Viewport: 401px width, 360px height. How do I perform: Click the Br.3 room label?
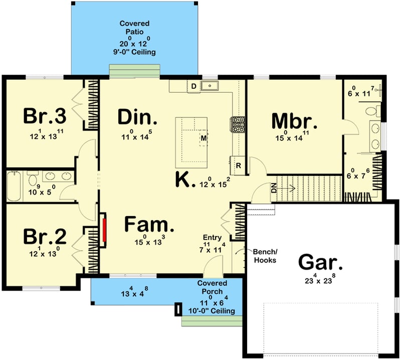coord(45,116)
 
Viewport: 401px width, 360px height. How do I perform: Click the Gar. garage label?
coord(321,262)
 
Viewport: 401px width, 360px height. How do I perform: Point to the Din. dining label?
coord(137,117)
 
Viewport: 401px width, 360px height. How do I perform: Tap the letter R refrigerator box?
coord(239,165)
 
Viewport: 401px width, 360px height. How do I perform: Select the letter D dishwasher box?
coord(193,86)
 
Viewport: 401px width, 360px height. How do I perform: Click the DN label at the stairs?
coord(274,190)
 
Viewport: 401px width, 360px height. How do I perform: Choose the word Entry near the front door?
coord(213,238)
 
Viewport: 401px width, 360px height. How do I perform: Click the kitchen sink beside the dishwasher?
coord(209,86)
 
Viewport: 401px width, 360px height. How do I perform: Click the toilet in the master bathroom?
coord(371,111)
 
